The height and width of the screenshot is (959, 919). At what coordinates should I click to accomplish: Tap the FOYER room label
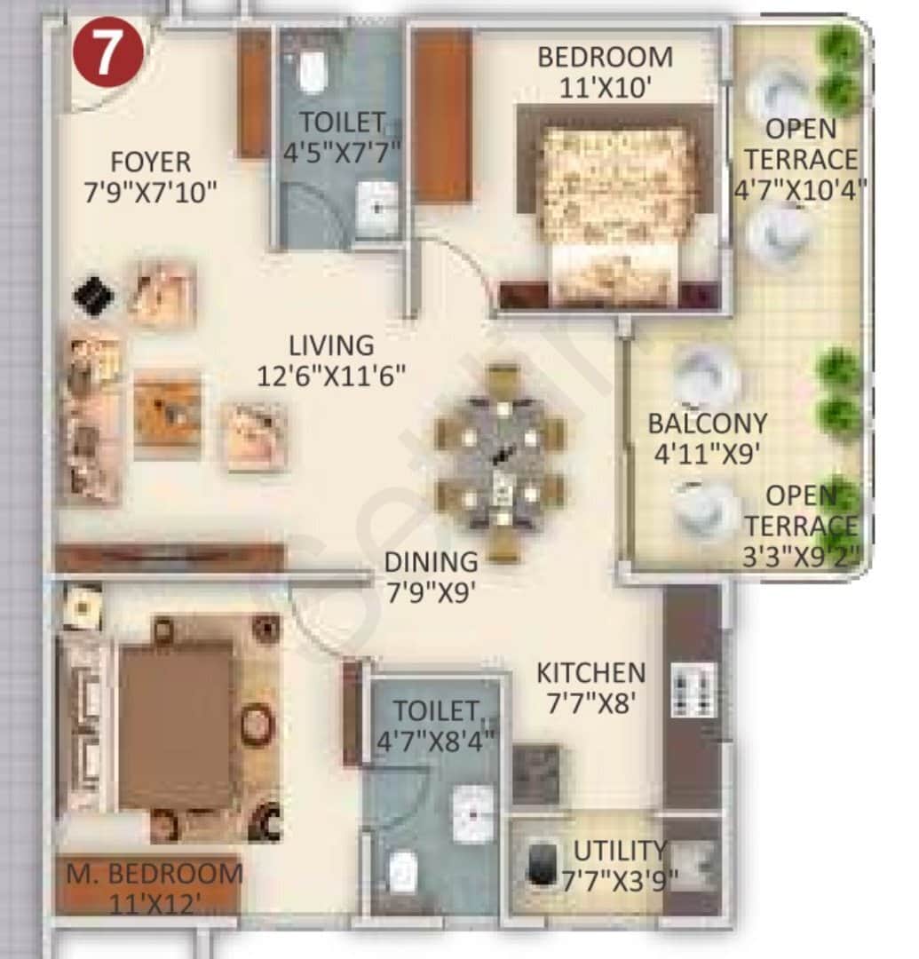coord(150,162)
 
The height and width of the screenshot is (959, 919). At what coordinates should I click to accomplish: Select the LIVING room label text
coord(330,345)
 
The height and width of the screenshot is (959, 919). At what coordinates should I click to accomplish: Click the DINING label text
coord(431,562)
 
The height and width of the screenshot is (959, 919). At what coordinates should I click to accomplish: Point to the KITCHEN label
coord(590,672)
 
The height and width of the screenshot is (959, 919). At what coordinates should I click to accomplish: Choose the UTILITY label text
coord(618,851)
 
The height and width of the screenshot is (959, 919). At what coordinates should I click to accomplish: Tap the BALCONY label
coord(707,423)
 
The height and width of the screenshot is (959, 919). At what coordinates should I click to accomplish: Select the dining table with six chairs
coord(501,462)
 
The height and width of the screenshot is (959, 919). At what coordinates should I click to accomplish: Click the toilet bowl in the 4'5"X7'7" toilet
coord(312,71)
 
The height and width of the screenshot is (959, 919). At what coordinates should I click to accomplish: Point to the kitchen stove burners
coord(693,688)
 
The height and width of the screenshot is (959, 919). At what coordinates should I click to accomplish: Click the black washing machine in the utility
coord(541,861)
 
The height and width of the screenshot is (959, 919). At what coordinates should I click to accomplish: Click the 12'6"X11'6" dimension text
coord(330,376)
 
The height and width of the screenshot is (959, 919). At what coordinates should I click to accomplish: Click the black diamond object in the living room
coord(93,296)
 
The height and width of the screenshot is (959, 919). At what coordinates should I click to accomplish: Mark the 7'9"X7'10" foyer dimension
coord(150,192)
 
